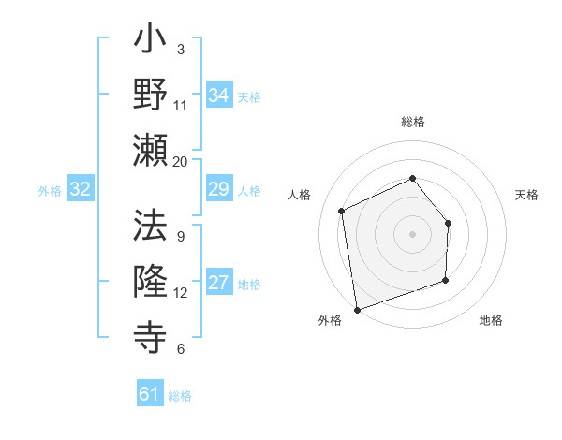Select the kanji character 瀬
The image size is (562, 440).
coord(151,150)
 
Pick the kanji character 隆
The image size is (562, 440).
coord(151,280)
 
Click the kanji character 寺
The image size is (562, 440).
coord(151,335)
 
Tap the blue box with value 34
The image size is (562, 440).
coord(219,95)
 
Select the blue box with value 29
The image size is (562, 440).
coord(219,189)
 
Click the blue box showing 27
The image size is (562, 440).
coord(219,284)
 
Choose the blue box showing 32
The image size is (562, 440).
coord(81,189)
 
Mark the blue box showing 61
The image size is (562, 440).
coord(150,394)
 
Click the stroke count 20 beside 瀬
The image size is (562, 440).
coord(181,161)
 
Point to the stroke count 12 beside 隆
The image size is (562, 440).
coord(181,292)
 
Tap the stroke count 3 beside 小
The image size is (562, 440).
coord(181,49)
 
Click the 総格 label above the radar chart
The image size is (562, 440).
coord(412,122)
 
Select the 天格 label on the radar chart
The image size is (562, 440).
coord(526,195)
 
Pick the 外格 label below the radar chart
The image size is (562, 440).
coord(330,320)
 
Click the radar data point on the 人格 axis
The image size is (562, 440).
coord(342,211)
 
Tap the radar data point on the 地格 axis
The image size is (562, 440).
coord(445,280)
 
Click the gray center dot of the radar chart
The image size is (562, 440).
coord(412,234)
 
